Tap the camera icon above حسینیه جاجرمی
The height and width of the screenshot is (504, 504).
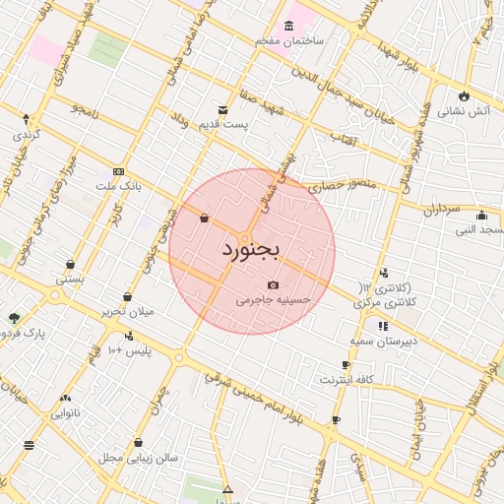coord(274,285)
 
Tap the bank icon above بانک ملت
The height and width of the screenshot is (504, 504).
coord(119,170)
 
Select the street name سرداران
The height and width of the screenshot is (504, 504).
coord(442,210)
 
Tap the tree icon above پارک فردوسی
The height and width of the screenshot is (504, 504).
coord(14,317)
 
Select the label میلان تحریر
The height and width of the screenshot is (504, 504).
coord(127,311)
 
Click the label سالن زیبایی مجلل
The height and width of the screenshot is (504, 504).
coord(138,458)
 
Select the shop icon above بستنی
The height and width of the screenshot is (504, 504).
coord(71,264)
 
